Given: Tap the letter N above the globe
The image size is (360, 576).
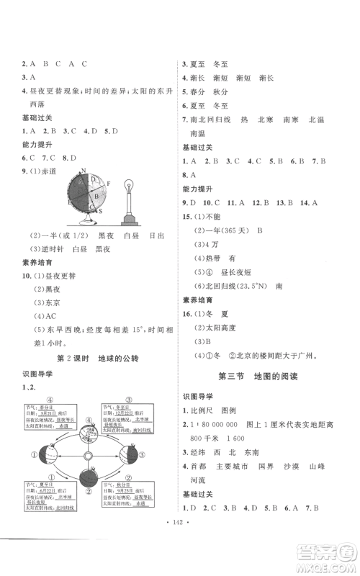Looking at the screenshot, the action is (x=84, y=171).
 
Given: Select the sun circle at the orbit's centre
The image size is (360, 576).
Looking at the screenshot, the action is (x=88, y=456).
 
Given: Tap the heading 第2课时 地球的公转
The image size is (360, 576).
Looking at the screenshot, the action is (x=88, y=358).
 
